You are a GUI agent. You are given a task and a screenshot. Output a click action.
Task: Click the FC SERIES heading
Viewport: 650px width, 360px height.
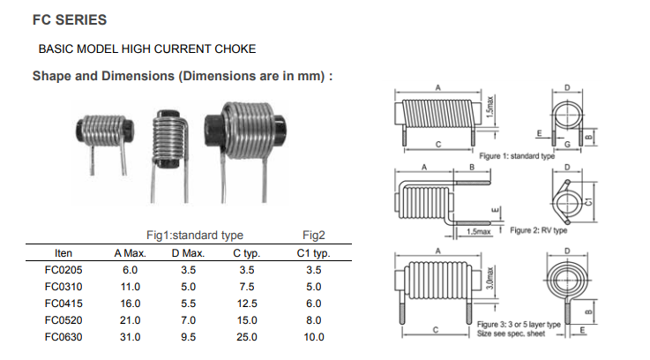(70, 20)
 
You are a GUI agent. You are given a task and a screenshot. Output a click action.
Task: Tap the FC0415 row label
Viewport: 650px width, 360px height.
(64, 304)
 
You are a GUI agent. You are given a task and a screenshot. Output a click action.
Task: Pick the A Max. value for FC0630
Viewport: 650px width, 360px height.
(131, 337)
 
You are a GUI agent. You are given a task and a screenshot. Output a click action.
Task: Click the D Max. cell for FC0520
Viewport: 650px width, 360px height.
(188, 320)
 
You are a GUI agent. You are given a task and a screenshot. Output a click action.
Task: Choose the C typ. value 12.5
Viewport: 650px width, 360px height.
(247, 304)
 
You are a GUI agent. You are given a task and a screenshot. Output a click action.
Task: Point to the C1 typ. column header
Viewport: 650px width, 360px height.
(313, 253)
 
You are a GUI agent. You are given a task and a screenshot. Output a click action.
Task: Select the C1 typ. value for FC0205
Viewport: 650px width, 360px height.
(314, 270)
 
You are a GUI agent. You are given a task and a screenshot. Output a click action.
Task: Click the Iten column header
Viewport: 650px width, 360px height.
(64, 253)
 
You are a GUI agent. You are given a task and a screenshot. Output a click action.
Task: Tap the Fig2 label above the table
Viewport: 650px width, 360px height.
(314, 236)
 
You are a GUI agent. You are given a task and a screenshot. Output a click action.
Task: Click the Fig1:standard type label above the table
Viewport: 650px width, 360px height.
(195, 236)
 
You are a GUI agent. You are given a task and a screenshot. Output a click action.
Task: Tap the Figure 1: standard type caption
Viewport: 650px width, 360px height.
(517, 156)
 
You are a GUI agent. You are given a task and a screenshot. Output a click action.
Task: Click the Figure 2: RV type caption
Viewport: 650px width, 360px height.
(539, 230)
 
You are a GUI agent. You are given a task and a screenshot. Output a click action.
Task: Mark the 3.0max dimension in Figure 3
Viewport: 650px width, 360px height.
(490, 278)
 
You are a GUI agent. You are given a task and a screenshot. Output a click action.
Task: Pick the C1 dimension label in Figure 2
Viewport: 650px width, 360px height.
(588, 202)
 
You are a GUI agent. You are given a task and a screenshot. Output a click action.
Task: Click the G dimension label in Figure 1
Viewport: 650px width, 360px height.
(567, 144)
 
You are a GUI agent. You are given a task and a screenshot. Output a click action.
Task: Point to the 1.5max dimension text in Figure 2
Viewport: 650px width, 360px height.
(478, 231)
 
